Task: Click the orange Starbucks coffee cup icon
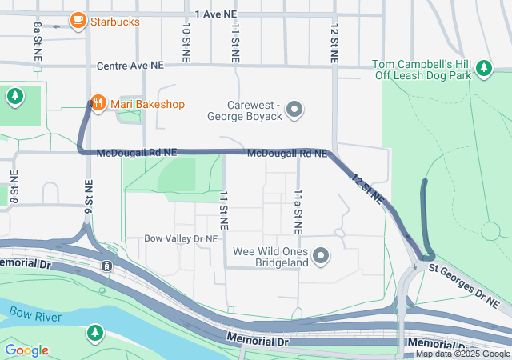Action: pyautogui.click(x=78, y=20)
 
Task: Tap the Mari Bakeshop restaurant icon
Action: pyautogui.click(x=97, y=103)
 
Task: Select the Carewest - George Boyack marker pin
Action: pyautogui.click(x=295, y=109)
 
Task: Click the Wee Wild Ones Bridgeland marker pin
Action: pyautogui.click(x=321, y=256)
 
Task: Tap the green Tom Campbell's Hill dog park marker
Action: pyautogui.click(x=483, y=70)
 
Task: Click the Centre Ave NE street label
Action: pyautogui.click(x=129, y=66)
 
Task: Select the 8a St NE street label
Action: pyautogui.click(x=38, y=42)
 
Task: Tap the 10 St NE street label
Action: pyautogui.click(x=186, y=42)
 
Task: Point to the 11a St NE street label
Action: pyautogui.click(x=297, y=211)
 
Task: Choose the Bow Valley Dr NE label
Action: pyautogui.click(x=181, y=238)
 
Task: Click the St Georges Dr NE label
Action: pyautogui.click(x=463, y=284)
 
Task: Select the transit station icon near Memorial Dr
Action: pyautogui.click(x=106, y=266)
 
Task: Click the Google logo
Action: pyautogui.click(x=26, y=350)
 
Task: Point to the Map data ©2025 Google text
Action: pyautogui.click(x=462, y=354)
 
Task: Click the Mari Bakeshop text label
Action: pyautogui.click(x=147, y=104)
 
